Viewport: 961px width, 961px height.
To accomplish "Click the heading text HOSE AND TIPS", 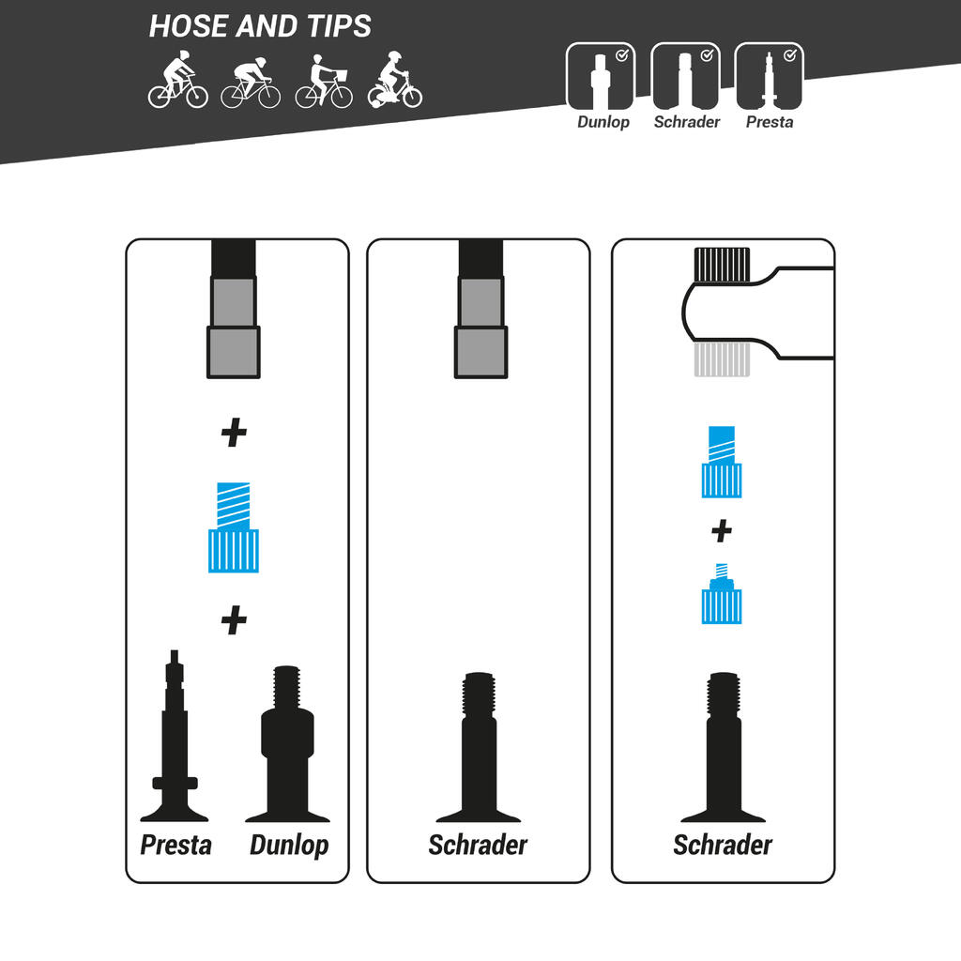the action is (x=260, y=25).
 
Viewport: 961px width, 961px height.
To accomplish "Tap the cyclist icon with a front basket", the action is (x=324, y=81).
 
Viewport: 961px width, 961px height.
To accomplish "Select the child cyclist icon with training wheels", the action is (x=395, y=80).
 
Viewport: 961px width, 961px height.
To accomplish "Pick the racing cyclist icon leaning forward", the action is (x=251, y=83).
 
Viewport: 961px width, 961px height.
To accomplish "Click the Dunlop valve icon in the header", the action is (x=601, y=76).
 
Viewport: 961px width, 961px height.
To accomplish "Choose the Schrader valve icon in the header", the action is (x=685, y=76).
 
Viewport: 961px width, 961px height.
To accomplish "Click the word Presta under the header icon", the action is (x=770, y=122).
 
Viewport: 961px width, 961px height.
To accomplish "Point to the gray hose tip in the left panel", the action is (x=234, y=327).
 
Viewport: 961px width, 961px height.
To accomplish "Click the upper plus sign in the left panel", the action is (x=234, y=433).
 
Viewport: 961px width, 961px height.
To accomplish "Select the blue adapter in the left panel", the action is (x=234, y=527).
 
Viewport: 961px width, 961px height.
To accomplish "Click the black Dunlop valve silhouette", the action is (x=287, y=743).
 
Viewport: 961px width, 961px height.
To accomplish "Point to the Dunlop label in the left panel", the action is (x=289, y=846).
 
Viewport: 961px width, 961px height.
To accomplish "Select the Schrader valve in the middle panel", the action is (x=478, y=747).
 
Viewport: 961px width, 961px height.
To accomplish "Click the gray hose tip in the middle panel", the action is (x=481, y=327).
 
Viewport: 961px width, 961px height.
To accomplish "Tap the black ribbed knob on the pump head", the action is (x=722, y=265).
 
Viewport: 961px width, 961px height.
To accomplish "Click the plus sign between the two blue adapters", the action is (x=722, y=531).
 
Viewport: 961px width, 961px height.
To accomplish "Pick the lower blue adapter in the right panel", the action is (x=722, y=593).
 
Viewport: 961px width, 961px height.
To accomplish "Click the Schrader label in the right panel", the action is (x=723, y=845).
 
